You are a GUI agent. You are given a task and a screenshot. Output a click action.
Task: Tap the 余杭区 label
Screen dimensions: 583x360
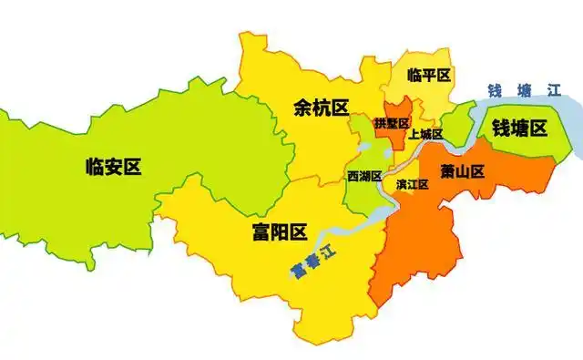[x=322, y=108]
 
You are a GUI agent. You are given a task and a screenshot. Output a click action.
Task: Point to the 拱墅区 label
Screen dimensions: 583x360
[x=392, y=123]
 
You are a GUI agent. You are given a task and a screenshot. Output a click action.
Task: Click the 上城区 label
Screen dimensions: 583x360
[x=425, y=135]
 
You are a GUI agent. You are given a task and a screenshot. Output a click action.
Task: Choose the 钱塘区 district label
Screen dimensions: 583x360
[x=519, y=129]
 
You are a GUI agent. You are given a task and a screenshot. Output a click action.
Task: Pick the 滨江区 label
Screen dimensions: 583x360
[x=412, y=184]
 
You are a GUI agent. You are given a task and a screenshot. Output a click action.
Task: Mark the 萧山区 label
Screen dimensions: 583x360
[x=461, y=170]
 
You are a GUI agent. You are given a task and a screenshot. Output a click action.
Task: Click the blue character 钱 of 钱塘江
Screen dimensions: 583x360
[x=496, y=90]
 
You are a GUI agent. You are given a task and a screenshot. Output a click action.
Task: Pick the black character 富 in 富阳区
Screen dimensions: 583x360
[x=260, y=232]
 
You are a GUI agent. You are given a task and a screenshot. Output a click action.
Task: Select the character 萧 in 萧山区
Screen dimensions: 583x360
[x=444, y=170]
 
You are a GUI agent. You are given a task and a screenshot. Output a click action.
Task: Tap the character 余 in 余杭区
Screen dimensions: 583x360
[x=302, y=108]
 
